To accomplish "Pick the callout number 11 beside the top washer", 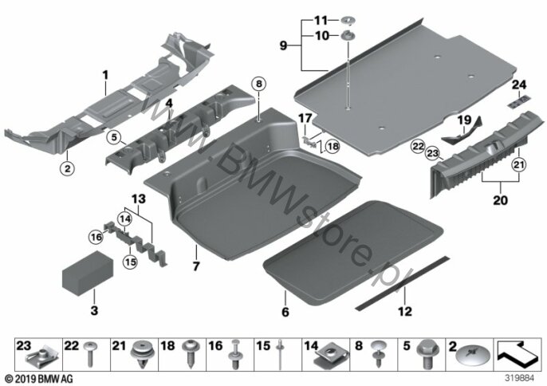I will (x=321, y=19).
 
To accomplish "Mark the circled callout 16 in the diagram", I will (x=96, y=236).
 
